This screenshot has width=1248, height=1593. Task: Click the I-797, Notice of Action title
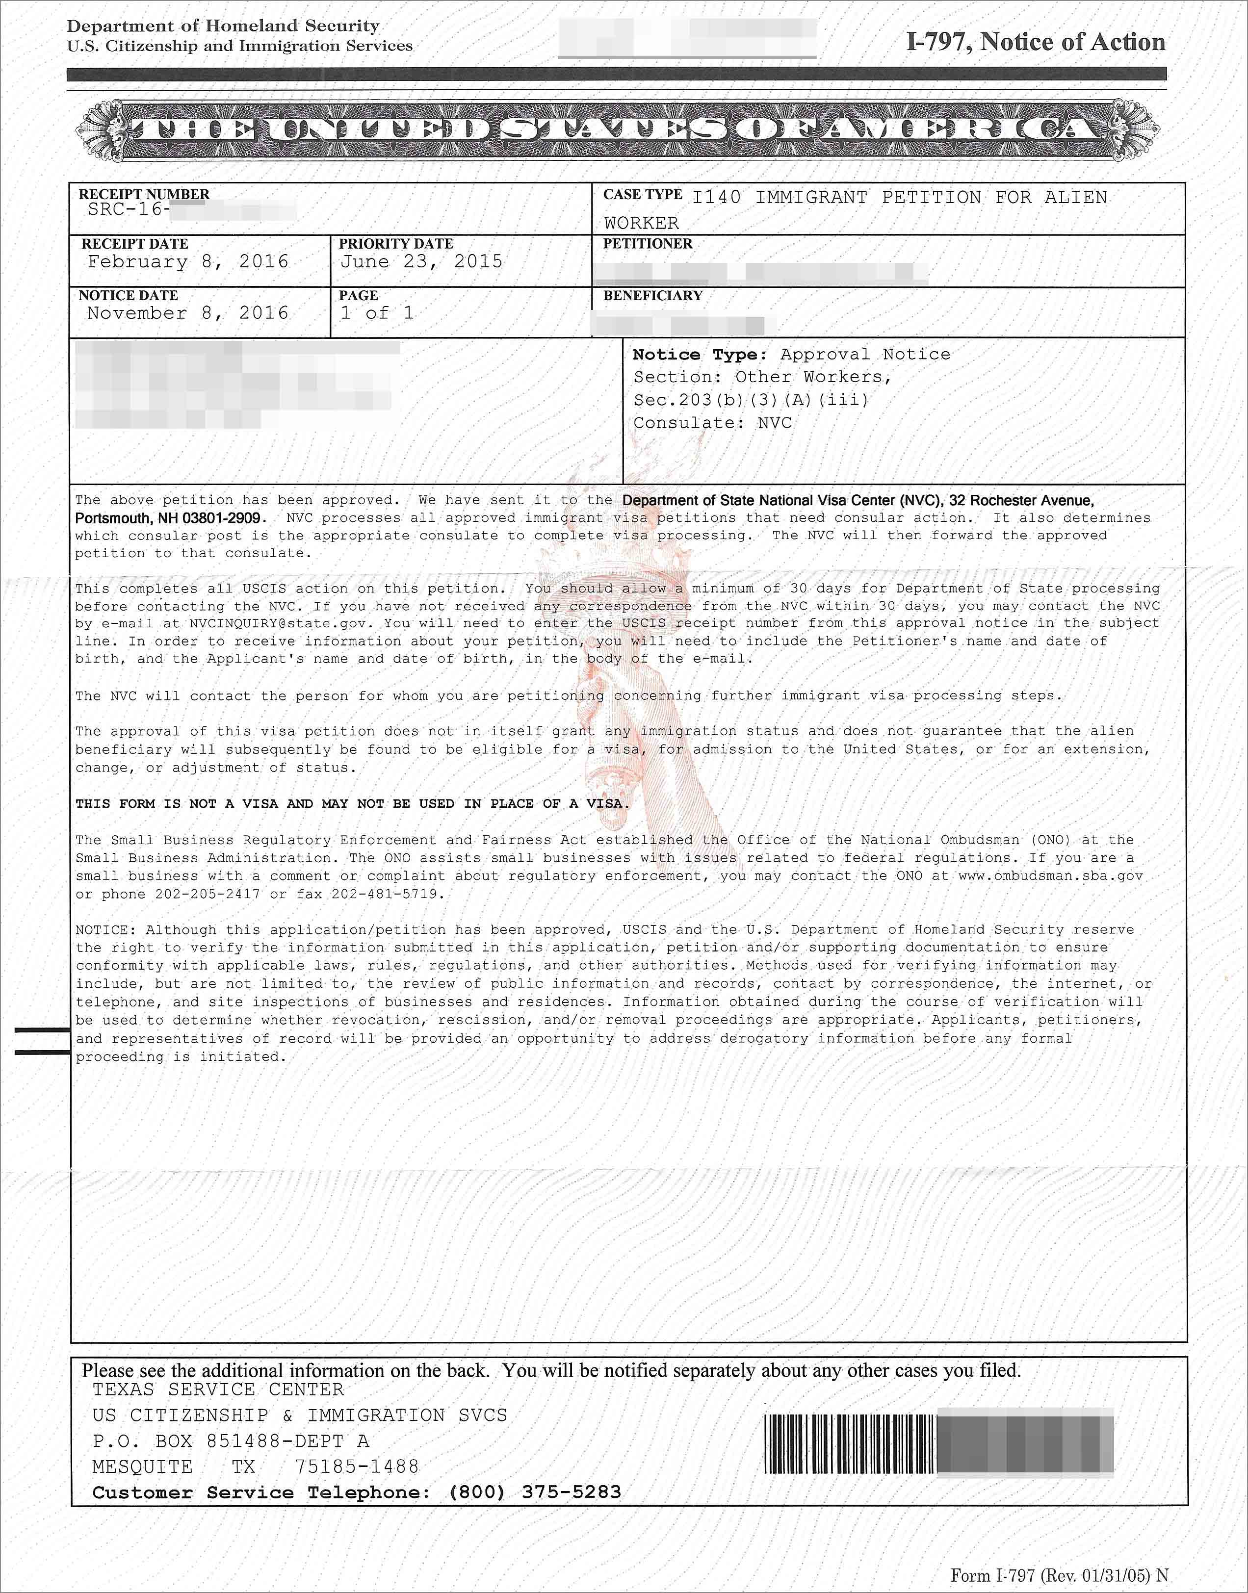[1036, 42]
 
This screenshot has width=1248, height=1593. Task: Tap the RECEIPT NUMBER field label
[144, 194]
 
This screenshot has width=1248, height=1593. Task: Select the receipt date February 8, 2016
[188, 262]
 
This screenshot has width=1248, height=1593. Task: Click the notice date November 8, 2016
[188, 313]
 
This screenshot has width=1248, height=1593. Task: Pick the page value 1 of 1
[377, 313]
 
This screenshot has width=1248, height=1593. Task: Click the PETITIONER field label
[648, 244]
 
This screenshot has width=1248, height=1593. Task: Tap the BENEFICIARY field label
[652, 296]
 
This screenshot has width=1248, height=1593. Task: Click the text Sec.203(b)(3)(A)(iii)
[751, 400]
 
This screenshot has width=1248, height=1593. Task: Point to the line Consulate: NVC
[712, 423]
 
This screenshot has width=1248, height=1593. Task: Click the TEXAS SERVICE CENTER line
[218, 1390]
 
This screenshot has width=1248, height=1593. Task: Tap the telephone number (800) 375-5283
[535, 1492]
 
